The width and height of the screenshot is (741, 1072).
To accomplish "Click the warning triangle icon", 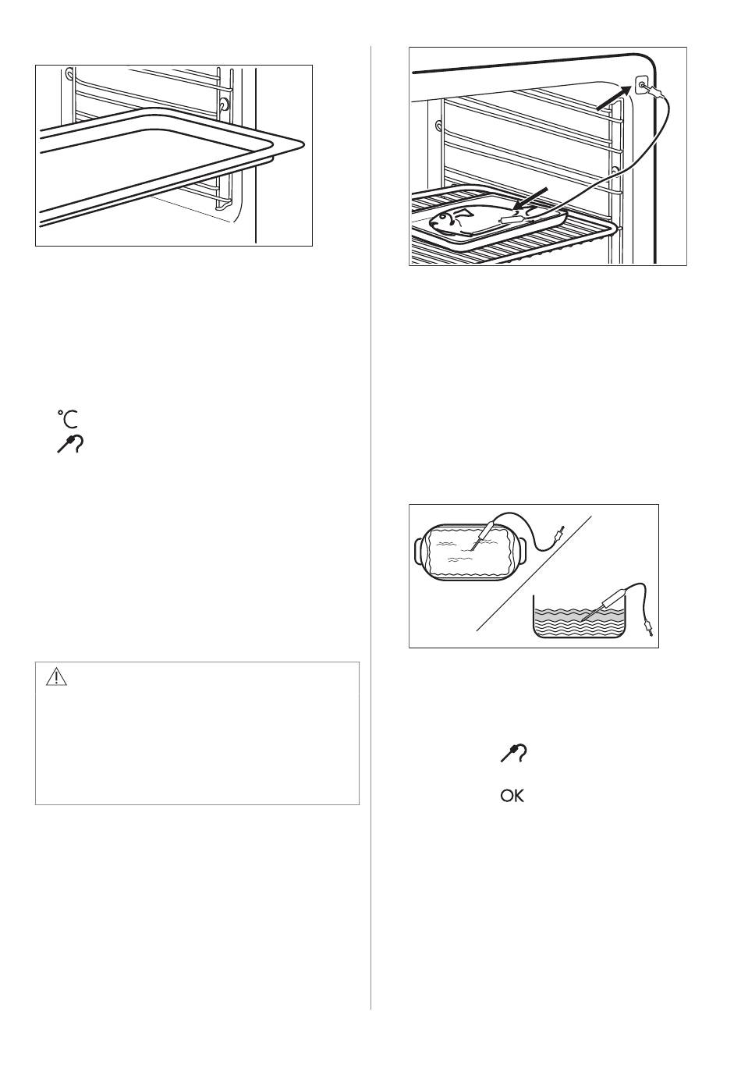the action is tap(56, 677).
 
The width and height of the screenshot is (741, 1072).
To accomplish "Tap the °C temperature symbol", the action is tap(68, 419).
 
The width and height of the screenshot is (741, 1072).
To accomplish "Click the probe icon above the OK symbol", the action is tap(513, 753).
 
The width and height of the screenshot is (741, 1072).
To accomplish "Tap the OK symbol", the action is tap(512, 796).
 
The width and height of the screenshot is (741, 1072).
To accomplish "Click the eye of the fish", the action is tap(446, 218).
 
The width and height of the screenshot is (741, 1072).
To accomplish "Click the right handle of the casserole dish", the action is tap(525, 552).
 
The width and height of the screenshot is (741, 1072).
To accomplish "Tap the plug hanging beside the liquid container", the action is tap(649, 628).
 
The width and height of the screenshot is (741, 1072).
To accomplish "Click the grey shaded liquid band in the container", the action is tap(580, 617).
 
